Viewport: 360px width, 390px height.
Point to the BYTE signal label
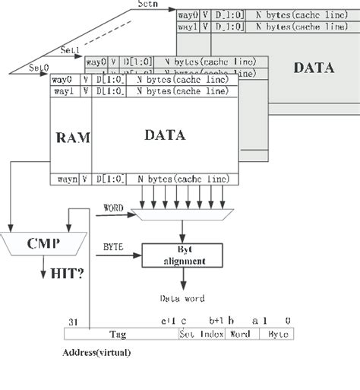112,246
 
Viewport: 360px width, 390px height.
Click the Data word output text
182,299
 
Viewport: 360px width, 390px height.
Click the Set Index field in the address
202,333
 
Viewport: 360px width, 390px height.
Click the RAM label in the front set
72,138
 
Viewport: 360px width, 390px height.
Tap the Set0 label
39,68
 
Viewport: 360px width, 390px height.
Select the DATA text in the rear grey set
313,67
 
